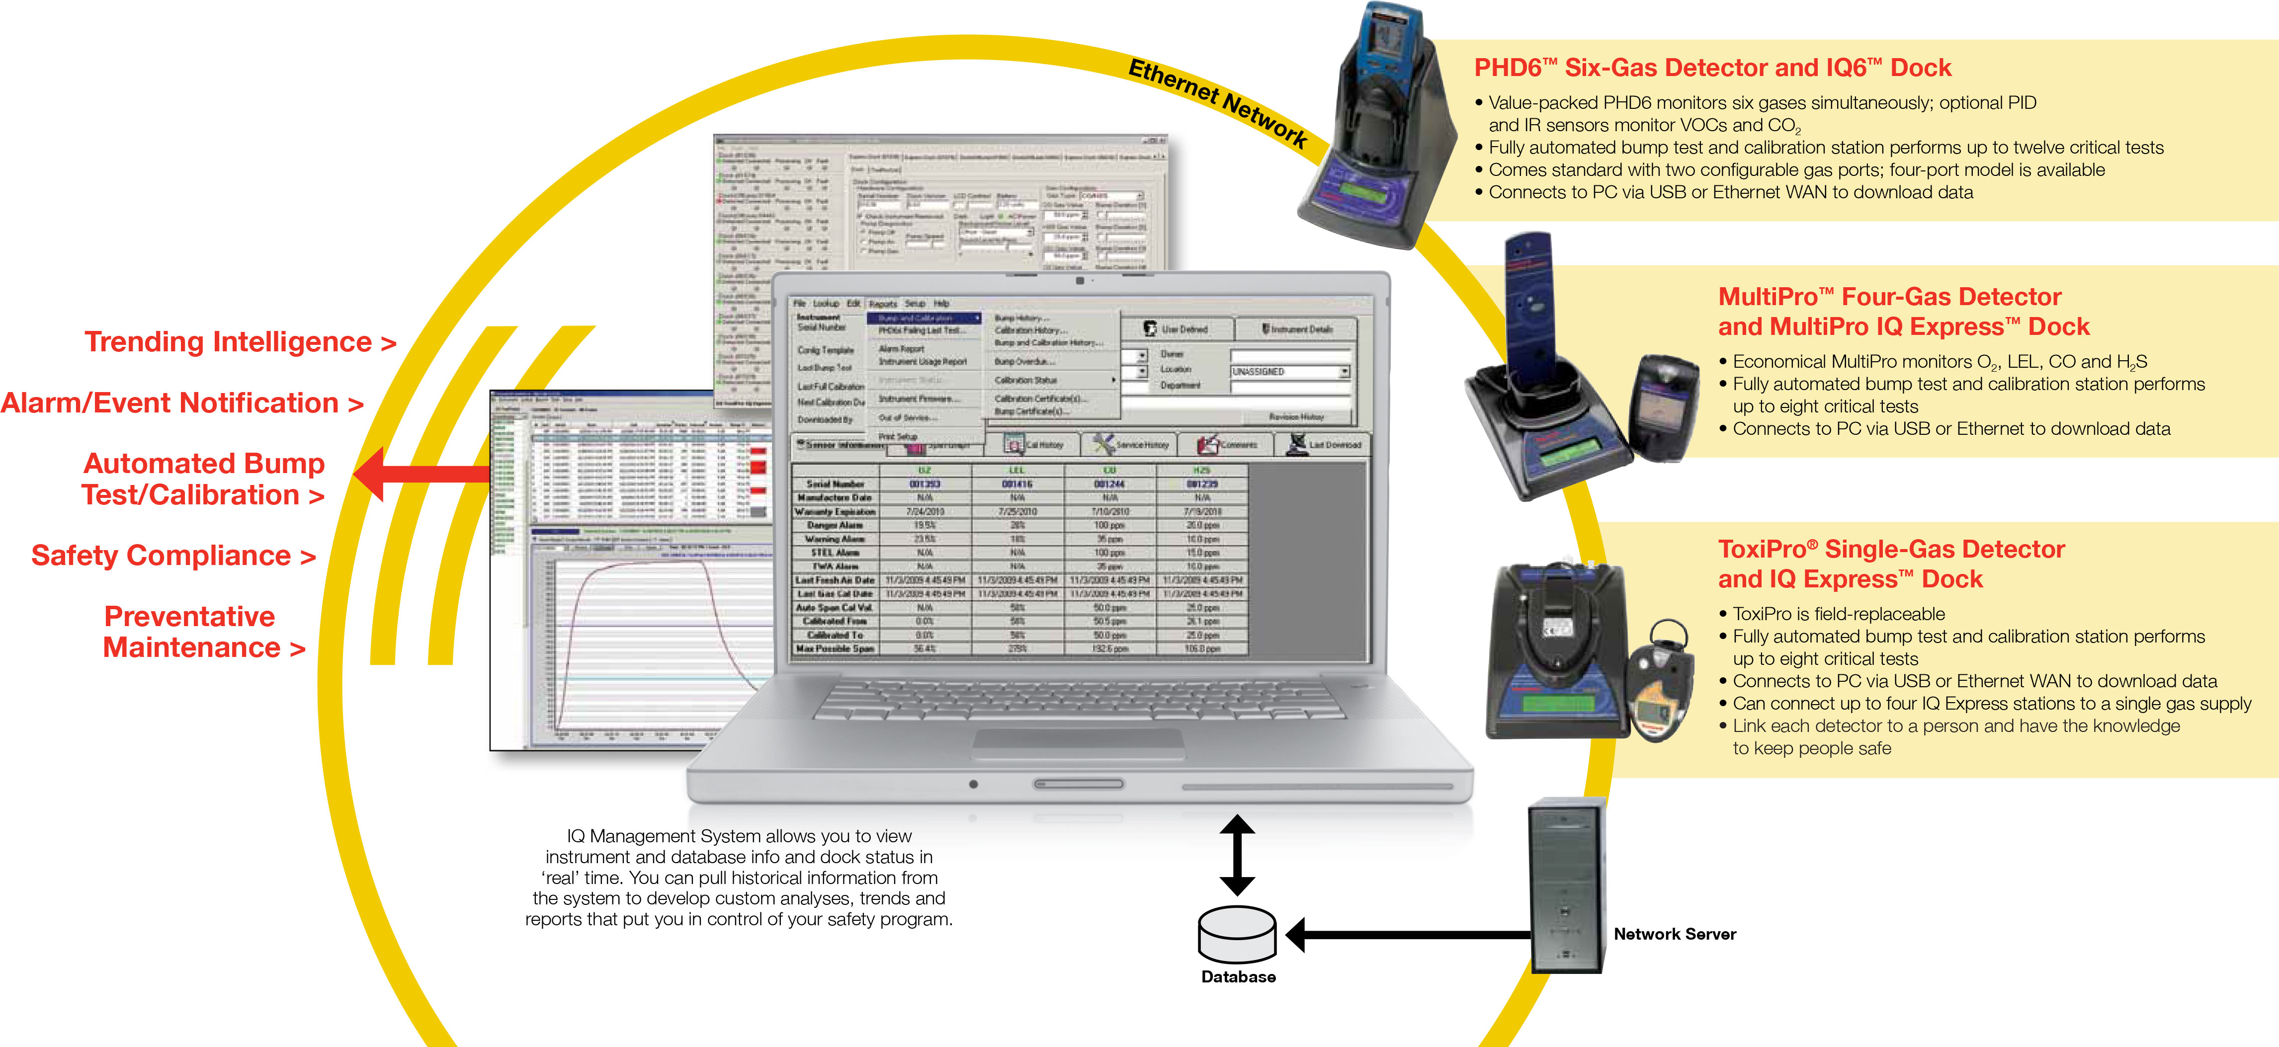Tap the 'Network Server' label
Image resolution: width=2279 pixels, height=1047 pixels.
[x=1674, y=934]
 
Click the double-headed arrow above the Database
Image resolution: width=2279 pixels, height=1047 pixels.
[x=1237, y=855]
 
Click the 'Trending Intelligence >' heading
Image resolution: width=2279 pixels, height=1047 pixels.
[x=240, y=342]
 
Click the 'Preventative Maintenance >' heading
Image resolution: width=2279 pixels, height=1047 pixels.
[x=203, y=632]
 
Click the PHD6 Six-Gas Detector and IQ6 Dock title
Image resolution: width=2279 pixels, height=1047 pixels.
[x=1712, y=68]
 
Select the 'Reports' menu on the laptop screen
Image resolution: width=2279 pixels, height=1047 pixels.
[x=882, y=303]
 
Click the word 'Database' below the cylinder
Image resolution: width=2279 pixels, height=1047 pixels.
[x=1238, y=977]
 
